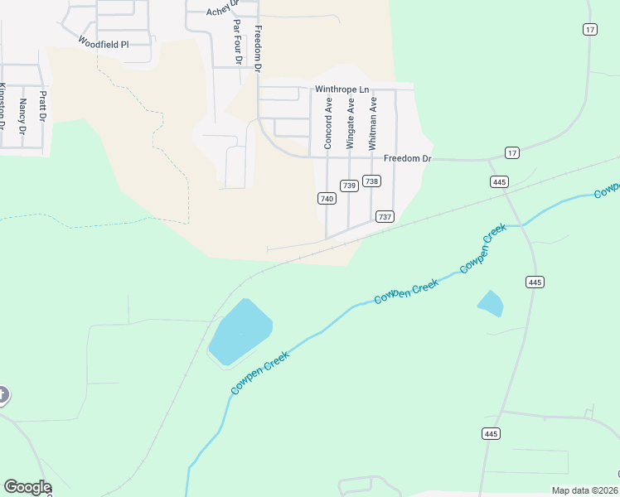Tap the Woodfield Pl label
pos(104,42)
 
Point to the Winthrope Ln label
pos(341,89)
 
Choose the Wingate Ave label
pos(351,124)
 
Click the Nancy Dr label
pos(23,116)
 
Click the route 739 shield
pos(349,186)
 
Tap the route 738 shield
pos(372,181)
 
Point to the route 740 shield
pos(326,199)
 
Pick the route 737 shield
pos(384,216)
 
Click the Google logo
pos(27,487)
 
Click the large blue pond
pos(239,331)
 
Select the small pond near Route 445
pos(491,303)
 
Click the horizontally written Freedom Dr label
pos(407,158)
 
